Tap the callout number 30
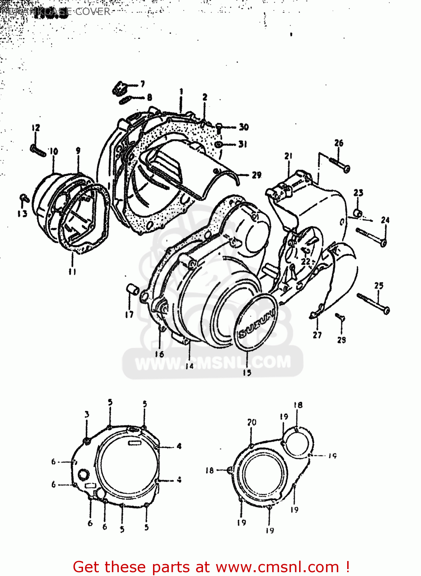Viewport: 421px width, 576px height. (x=244, y=127)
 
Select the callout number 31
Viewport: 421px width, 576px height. (x=243, y=144)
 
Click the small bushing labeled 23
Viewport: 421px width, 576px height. (x=358, y=212)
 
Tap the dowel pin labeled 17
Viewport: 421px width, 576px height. (x=132, y=289)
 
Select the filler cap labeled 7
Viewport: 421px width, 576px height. (x=119, y=88)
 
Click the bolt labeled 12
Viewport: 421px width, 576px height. (x=38, y=150)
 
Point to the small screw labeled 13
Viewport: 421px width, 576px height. (x=24, y=198)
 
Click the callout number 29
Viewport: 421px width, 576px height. (x=256, y=175)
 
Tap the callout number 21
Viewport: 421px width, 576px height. (x=288, y=156)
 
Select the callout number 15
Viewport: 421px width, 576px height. (x=247, y=372)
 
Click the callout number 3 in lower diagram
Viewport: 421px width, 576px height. (x=87, y=414)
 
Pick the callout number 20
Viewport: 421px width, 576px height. (x=251, y=422)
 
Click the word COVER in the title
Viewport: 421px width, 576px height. (x=93, y=12)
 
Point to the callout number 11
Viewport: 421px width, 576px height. (x=72, y=271)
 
